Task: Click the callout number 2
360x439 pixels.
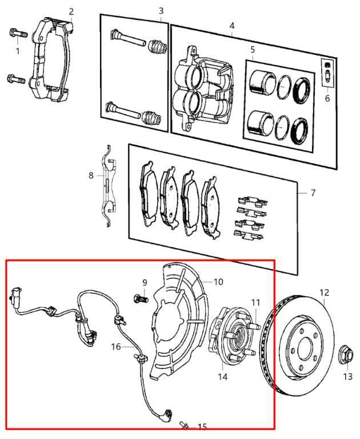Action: pos(71,12)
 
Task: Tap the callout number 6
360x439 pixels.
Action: pos(327,98)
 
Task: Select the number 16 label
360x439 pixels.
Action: pos(116,346)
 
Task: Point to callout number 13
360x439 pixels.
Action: pos(347,377)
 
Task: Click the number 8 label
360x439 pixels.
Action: pos(91,175)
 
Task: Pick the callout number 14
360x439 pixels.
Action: pos(223,377)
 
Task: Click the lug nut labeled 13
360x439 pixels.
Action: pos(346,355)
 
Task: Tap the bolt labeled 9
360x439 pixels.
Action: pos(141,299)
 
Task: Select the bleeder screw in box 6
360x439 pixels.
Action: pos(327,73)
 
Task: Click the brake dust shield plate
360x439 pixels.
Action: pos(179,321)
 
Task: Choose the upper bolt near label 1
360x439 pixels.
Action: pos(18,33)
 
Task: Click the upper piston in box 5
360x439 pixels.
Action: pos(263,83)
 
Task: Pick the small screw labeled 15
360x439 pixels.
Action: pos(185,425)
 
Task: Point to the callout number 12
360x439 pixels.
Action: pos(325,293)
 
